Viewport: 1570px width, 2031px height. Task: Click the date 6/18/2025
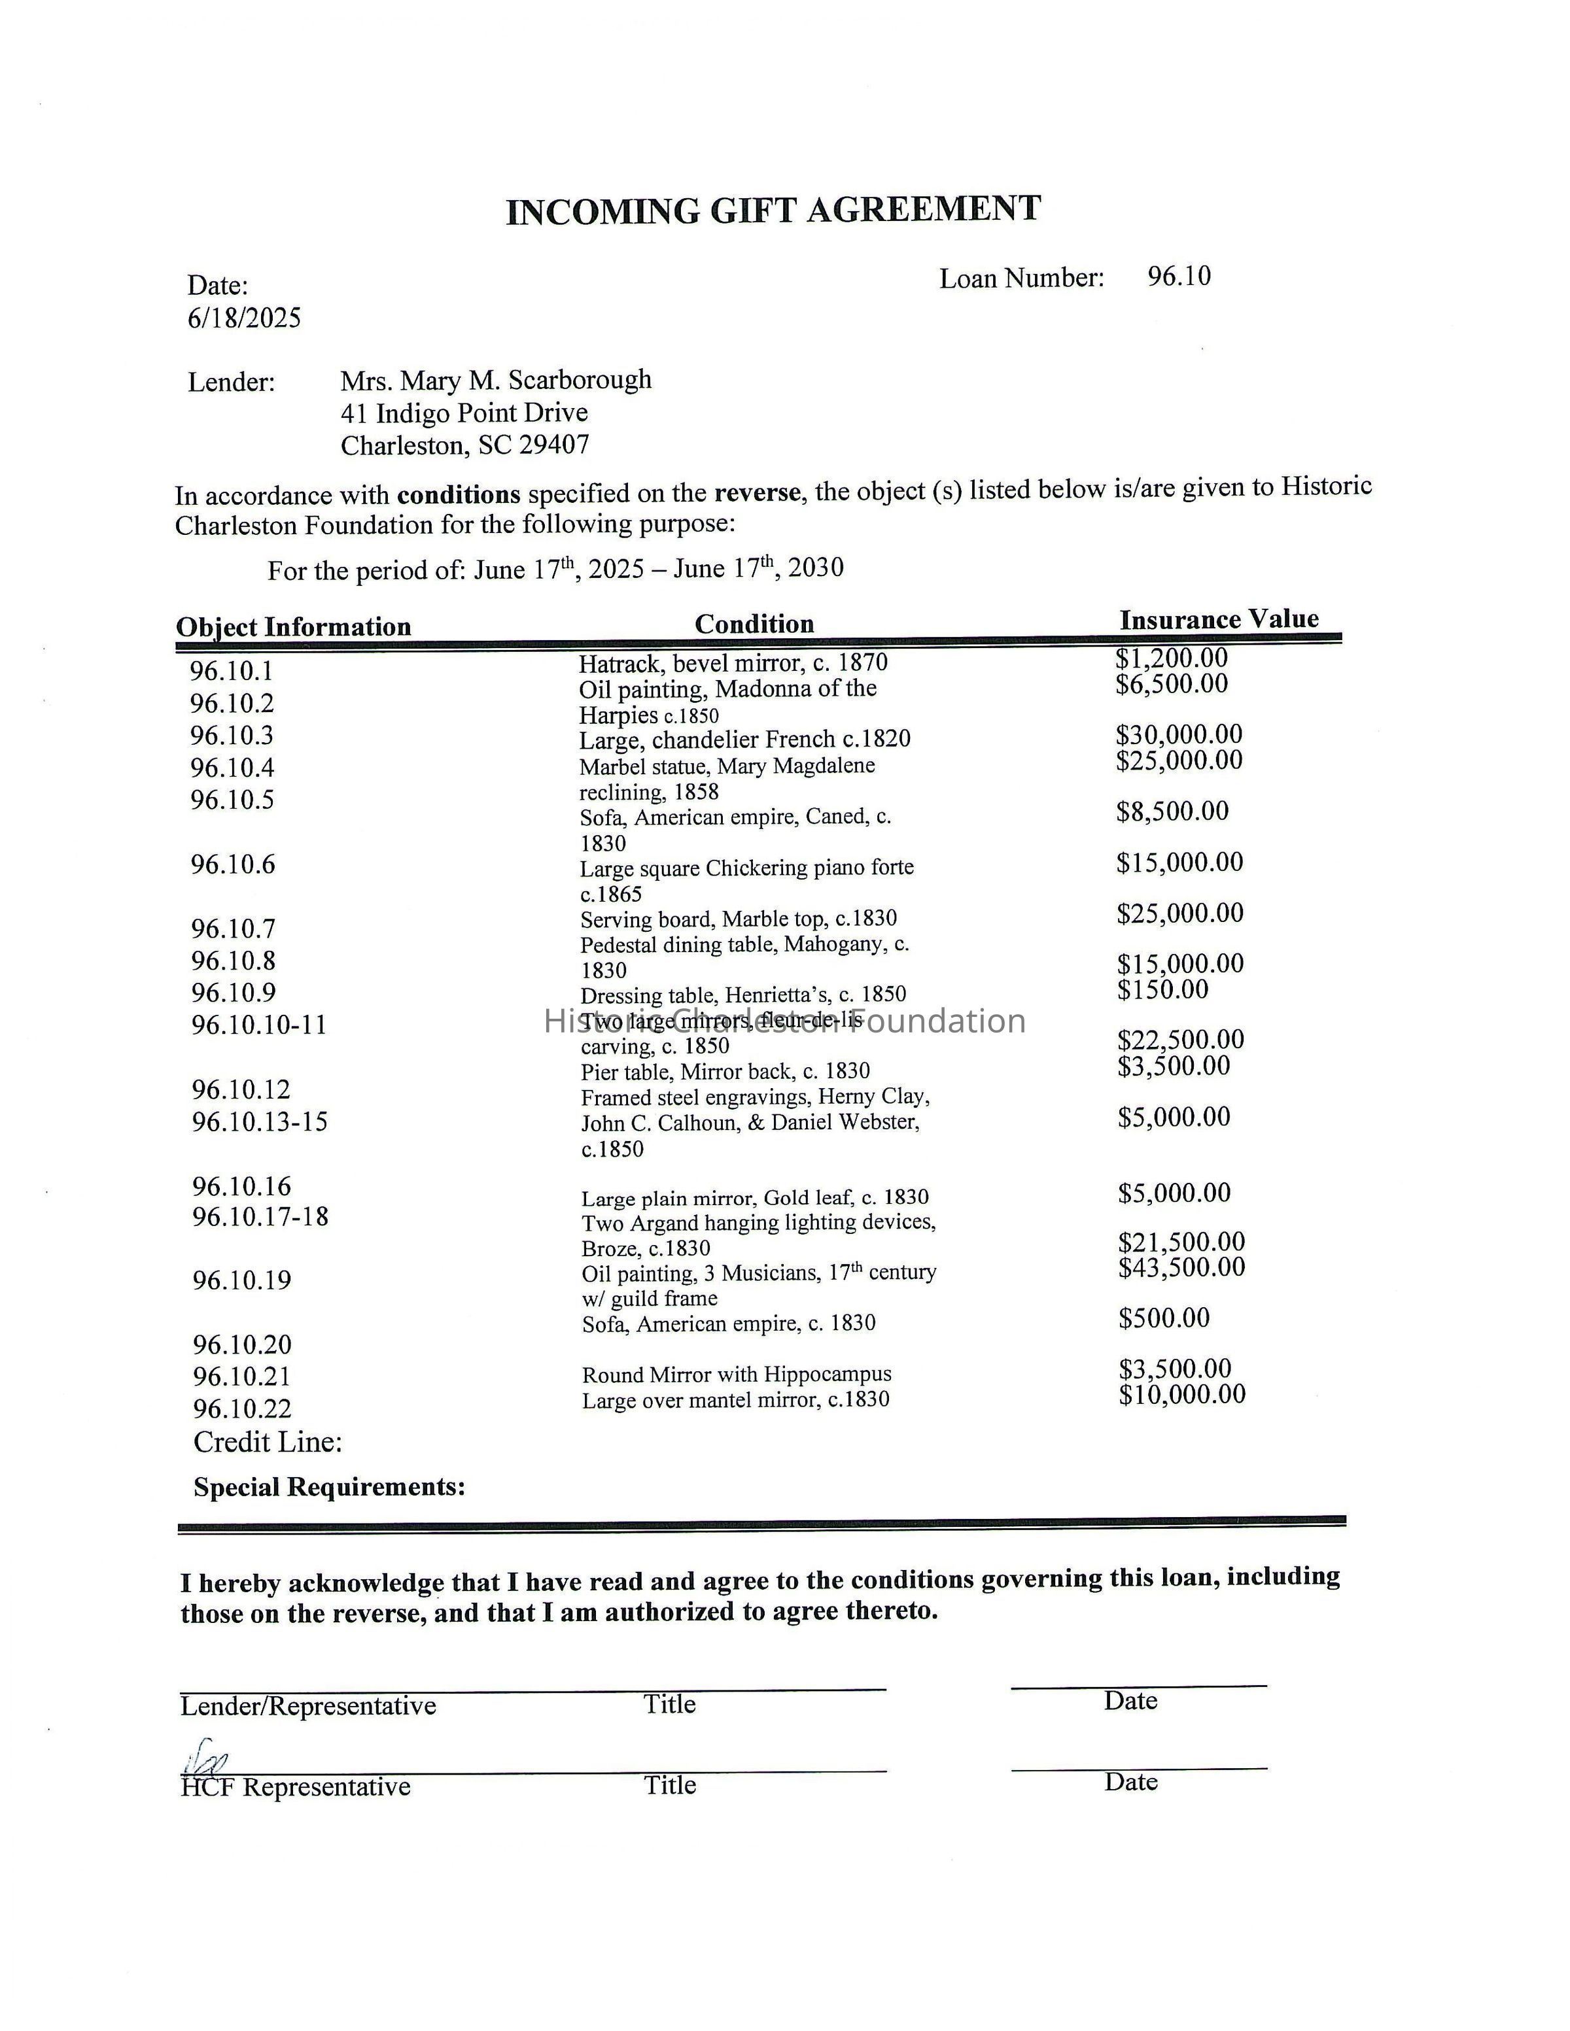tap(244, 319)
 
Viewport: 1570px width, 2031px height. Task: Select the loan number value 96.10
tap(1178, 276)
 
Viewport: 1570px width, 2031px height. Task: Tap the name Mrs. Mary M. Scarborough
tap(496, 381)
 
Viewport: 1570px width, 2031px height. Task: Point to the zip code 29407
tap(553, 445)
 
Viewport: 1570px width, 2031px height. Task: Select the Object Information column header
tap(293, 627)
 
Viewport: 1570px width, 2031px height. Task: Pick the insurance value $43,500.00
tap(1181, 1267)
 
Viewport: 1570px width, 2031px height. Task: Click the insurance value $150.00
tap(1162, 989)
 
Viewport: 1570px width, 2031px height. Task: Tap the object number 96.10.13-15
tap(260, 1121)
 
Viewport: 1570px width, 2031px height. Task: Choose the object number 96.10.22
tap(242, 1409)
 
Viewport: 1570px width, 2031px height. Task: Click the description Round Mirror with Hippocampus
tap(737, 1374)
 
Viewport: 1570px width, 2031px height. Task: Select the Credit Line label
tap(268, 1442)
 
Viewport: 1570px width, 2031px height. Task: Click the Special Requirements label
tap(329, 1487)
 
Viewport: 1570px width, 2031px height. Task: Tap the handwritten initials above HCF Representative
tap(207, 1756)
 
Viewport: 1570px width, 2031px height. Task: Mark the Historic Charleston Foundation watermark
tap(784, 1021)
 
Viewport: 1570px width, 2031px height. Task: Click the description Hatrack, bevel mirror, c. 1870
tap(733, 663)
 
